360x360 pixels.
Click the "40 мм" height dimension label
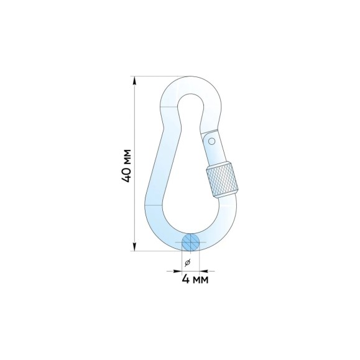point(126,166)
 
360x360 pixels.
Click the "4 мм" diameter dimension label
point(195,279)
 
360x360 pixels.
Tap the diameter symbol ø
point(188,262)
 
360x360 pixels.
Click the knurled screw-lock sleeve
point(222,180)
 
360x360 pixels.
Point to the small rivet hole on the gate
point(212,141)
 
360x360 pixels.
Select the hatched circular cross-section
point(190,242)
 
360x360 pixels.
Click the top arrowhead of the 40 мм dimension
point(134,80)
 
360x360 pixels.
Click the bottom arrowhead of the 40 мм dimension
point(134,247)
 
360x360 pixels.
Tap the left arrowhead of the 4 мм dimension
point(178,271)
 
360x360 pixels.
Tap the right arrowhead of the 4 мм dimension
point(204,271)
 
